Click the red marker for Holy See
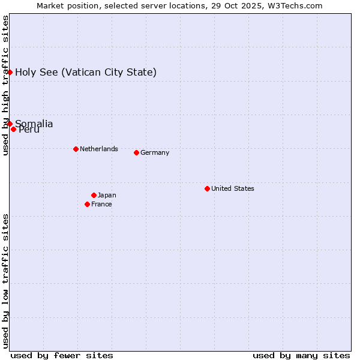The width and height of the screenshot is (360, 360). point(10,72)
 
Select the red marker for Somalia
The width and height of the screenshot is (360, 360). point(10,124)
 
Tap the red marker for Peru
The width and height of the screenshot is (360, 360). point(13,129)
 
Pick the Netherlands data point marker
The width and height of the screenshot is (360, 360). point(76,149)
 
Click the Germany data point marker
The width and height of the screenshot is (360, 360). point(136,152)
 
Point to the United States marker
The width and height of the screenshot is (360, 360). point(207,188)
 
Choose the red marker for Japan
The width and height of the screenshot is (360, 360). point(94,195)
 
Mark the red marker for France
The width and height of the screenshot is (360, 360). point(88,204)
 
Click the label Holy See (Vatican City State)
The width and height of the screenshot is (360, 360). point(86,73)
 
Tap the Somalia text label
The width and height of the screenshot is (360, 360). point(34,124)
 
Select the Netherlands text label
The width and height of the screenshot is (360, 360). point(99,149)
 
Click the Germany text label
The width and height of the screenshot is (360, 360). point(155,152)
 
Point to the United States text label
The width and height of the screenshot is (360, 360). point(233,188)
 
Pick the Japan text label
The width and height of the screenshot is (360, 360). point(107,195)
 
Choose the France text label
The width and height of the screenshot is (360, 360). point(101,204)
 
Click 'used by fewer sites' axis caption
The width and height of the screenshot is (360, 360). point(62,355)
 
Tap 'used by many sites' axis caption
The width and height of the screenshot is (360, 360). point(301,355)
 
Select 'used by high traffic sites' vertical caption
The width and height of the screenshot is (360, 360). point(5,85)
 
